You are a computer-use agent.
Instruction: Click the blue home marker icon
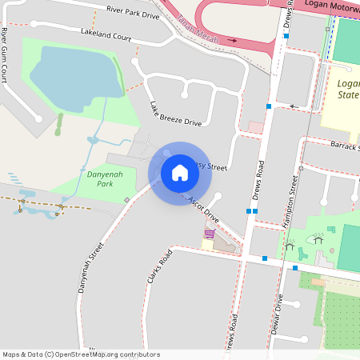pos(180,173)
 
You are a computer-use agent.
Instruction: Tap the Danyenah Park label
pos(99,178)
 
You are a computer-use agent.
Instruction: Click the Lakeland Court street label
pos(106,34)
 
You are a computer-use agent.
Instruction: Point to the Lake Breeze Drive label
pos(175,114)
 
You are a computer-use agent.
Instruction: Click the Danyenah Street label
pos(91,269)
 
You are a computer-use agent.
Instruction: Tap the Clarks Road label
pos(159,268)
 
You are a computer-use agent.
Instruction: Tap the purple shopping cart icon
pos(209,234)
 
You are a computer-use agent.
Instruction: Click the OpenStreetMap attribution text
pos(81,354)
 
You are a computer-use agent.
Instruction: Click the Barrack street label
pos(345,146)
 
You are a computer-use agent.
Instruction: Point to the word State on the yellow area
pos(349,96)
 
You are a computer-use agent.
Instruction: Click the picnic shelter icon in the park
pos(318,238)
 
